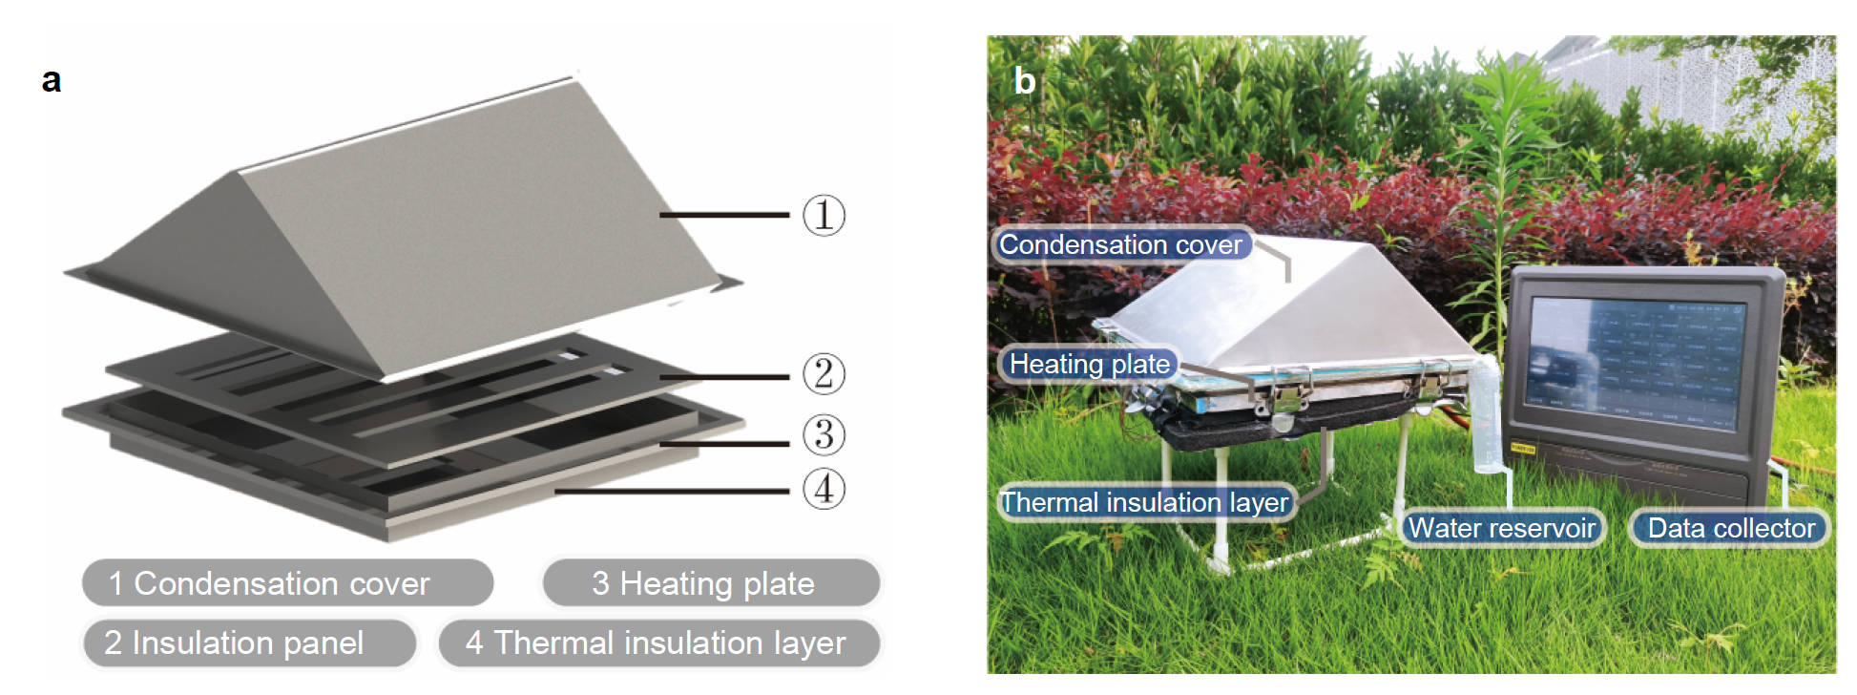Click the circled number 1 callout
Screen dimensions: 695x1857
click(x=823, y=215)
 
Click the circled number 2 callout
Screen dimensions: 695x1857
click(x=823, y=373)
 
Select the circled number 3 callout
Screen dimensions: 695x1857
click(x=823, y=434)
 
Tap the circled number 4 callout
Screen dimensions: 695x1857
click(x=823, y=489)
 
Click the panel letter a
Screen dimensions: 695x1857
click(x=52, y=80)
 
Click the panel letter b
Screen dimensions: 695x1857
click(x=1024, y=80)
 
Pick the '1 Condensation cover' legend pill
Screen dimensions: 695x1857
click(x=287, y=583)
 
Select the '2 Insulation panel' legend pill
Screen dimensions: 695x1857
click(x=248, y=642)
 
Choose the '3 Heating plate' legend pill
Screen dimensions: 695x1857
click(x=710, y=583)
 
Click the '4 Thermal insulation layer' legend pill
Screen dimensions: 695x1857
click(x=658, y=642)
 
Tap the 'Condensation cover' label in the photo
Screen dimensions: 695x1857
click(x=1120, y=244)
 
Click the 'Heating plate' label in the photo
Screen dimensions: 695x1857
click(x=1089, y=364)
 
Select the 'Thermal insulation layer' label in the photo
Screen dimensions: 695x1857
click(x=1144, y=502)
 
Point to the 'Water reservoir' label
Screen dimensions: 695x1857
click(x=1501, y=528)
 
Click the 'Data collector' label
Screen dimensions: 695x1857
click(x=1730, y=528)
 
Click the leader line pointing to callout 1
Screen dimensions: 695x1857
click(x=725, y=215)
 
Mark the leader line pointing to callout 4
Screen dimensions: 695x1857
click(x=673, y=491)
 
